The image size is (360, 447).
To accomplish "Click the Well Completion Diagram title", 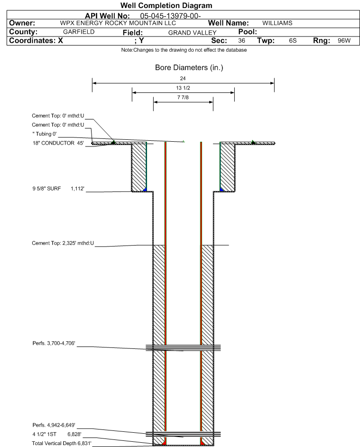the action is click(166, 5).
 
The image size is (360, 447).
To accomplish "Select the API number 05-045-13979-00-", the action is click(170, 16).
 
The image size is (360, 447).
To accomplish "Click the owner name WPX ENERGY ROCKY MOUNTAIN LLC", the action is click(118, 23).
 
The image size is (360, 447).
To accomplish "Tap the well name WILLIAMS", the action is click(277, 23).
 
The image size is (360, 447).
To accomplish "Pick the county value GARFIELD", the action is click(79, 32).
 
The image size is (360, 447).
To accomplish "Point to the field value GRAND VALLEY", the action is click(192, 33).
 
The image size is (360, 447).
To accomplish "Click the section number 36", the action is click(241, 40).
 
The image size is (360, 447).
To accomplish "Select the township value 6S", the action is click(293, 40).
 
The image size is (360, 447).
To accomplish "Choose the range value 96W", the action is click(344, 40).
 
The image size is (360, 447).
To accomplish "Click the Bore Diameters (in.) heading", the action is click(189, 68).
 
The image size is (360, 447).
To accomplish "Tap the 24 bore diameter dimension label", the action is click(183, 78).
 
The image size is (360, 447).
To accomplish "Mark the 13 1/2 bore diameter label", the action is click(183, 88).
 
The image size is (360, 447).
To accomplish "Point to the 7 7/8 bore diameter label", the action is click(183, 97).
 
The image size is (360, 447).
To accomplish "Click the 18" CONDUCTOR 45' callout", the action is click(58, 143).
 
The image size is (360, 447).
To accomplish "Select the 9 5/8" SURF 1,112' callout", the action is click(58, 189).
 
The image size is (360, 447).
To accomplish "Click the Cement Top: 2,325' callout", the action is click(63, 243).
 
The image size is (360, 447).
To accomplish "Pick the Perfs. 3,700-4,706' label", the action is click(54, 343).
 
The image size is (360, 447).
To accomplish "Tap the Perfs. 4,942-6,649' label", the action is click(54, 425).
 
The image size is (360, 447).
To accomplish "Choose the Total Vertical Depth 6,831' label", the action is click(62, 443).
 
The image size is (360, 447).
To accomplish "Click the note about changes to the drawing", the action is click(184, 50).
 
